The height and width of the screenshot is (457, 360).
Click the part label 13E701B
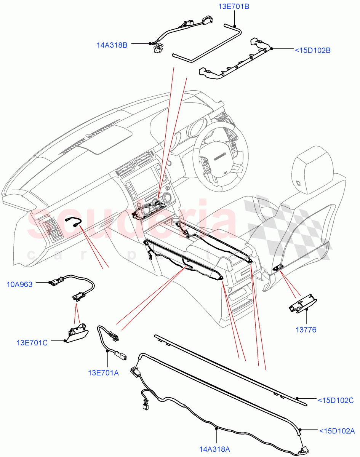tap(234, 7)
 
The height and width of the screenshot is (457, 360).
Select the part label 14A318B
tap(112, 45)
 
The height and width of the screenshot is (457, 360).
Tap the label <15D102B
tap(313, 50)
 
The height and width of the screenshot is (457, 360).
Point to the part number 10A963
tap(19, 284)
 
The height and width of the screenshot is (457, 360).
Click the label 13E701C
tap(32, 342)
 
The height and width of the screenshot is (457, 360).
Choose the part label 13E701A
tap(103, 373)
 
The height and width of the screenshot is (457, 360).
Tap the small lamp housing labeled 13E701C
tap(77, 333)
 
